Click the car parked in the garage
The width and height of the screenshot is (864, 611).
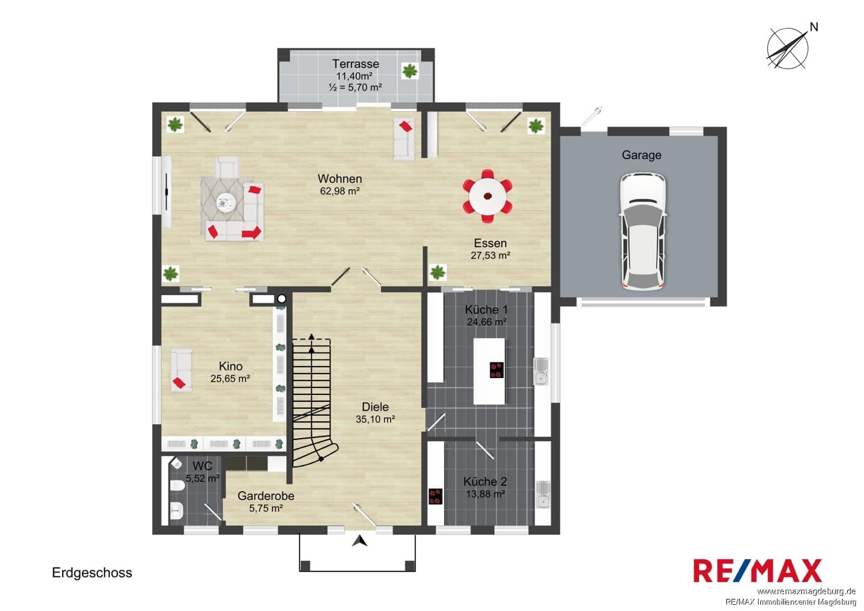tap(643, 232)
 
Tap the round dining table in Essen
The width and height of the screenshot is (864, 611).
tap(488, 197)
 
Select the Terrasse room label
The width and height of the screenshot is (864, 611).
tap(355, 63)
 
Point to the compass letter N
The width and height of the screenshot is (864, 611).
tap(814, 27)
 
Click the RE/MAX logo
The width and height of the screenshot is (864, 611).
tap(757, 571)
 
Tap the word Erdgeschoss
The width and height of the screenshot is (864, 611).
tap(92, 572)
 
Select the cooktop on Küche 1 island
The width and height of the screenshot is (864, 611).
tap(497, 369)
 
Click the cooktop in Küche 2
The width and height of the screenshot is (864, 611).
tap(435, 496)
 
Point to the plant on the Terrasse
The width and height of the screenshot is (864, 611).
tap(410, 71)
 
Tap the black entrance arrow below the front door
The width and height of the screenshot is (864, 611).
tap(359, 541)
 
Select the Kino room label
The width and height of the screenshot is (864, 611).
tap(230, 366)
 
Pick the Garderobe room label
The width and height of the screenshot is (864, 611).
tap(266, 496)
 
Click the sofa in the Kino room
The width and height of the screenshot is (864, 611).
tap(181, 371)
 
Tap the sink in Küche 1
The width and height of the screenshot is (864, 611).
tap(541, 371)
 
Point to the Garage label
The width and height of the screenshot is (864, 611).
tap(642, 155)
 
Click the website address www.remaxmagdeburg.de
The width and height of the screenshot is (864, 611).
tap(806, 592)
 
